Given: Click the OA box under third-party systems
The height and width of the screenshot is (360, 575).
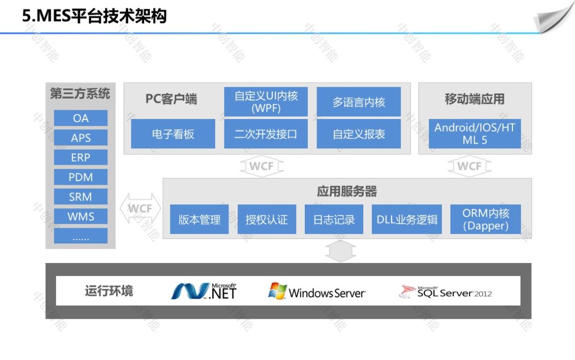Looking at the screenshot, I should (x=80, y=118).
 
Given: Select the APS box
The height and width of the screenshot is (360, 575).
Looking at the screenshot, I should (x=80, y=138).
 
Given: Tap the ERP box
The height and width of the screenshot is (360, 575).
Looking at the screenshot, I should (x=80, y=158).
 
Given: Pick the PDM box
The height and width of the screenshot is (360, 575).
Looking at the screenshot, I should (x=80, y=177).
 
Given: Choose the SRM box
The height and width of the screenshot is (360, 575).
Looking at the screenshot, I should (x=80, y=197).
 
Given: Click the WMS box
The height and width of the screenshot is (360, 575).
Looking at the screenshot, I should (x=80, y=217).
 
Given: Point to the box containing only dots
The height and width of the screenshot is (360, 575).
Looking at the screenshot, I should (x=80, y=236).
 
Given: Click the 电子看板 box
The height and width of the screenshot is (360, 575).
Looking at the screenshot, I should (x=173, y=134).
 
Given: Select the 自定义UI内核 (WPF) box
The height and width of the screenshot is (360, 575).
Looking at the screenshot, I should (x=266, y=102).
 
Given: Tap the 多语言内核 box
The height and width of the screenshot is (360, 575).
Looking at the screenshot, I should (x=359, y=102).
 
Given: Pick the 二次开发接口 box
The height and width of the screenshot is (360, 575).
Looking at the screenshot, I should (x=266, y=134).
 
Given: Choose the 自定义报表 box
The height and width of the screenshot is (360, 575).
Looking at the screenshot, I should (x=359, y=134).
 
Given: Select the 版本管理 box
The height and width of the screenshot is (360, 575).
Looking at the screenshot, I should (x=199, y=220).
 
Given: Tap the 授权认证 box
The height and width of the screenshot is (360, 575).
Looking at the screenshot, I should (x=267, y=220).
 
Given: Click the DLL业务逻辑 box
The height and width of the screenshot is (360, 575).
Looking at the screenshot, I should (x=407, y=220).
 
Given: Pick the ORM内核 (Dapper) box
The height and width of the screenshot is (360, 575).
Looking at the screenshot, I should (x=485, y=220).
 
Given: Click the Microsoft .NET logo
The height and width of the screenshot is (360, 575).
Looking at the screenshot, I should (x=204, y=291).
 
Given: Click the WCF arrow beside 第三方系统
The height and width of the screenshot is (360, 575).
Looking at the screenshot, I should (x=140, y=208).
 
